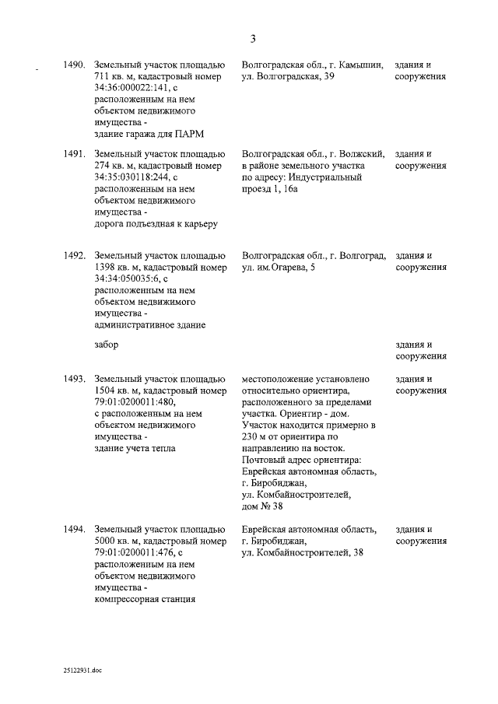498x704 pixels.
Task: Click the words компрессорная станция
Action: (x=144, y=599)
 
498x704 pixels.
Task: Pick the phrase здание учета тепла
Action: (x=134, y=448)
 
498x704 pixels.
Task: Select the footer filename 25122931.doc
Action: (x=83, y=668)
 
